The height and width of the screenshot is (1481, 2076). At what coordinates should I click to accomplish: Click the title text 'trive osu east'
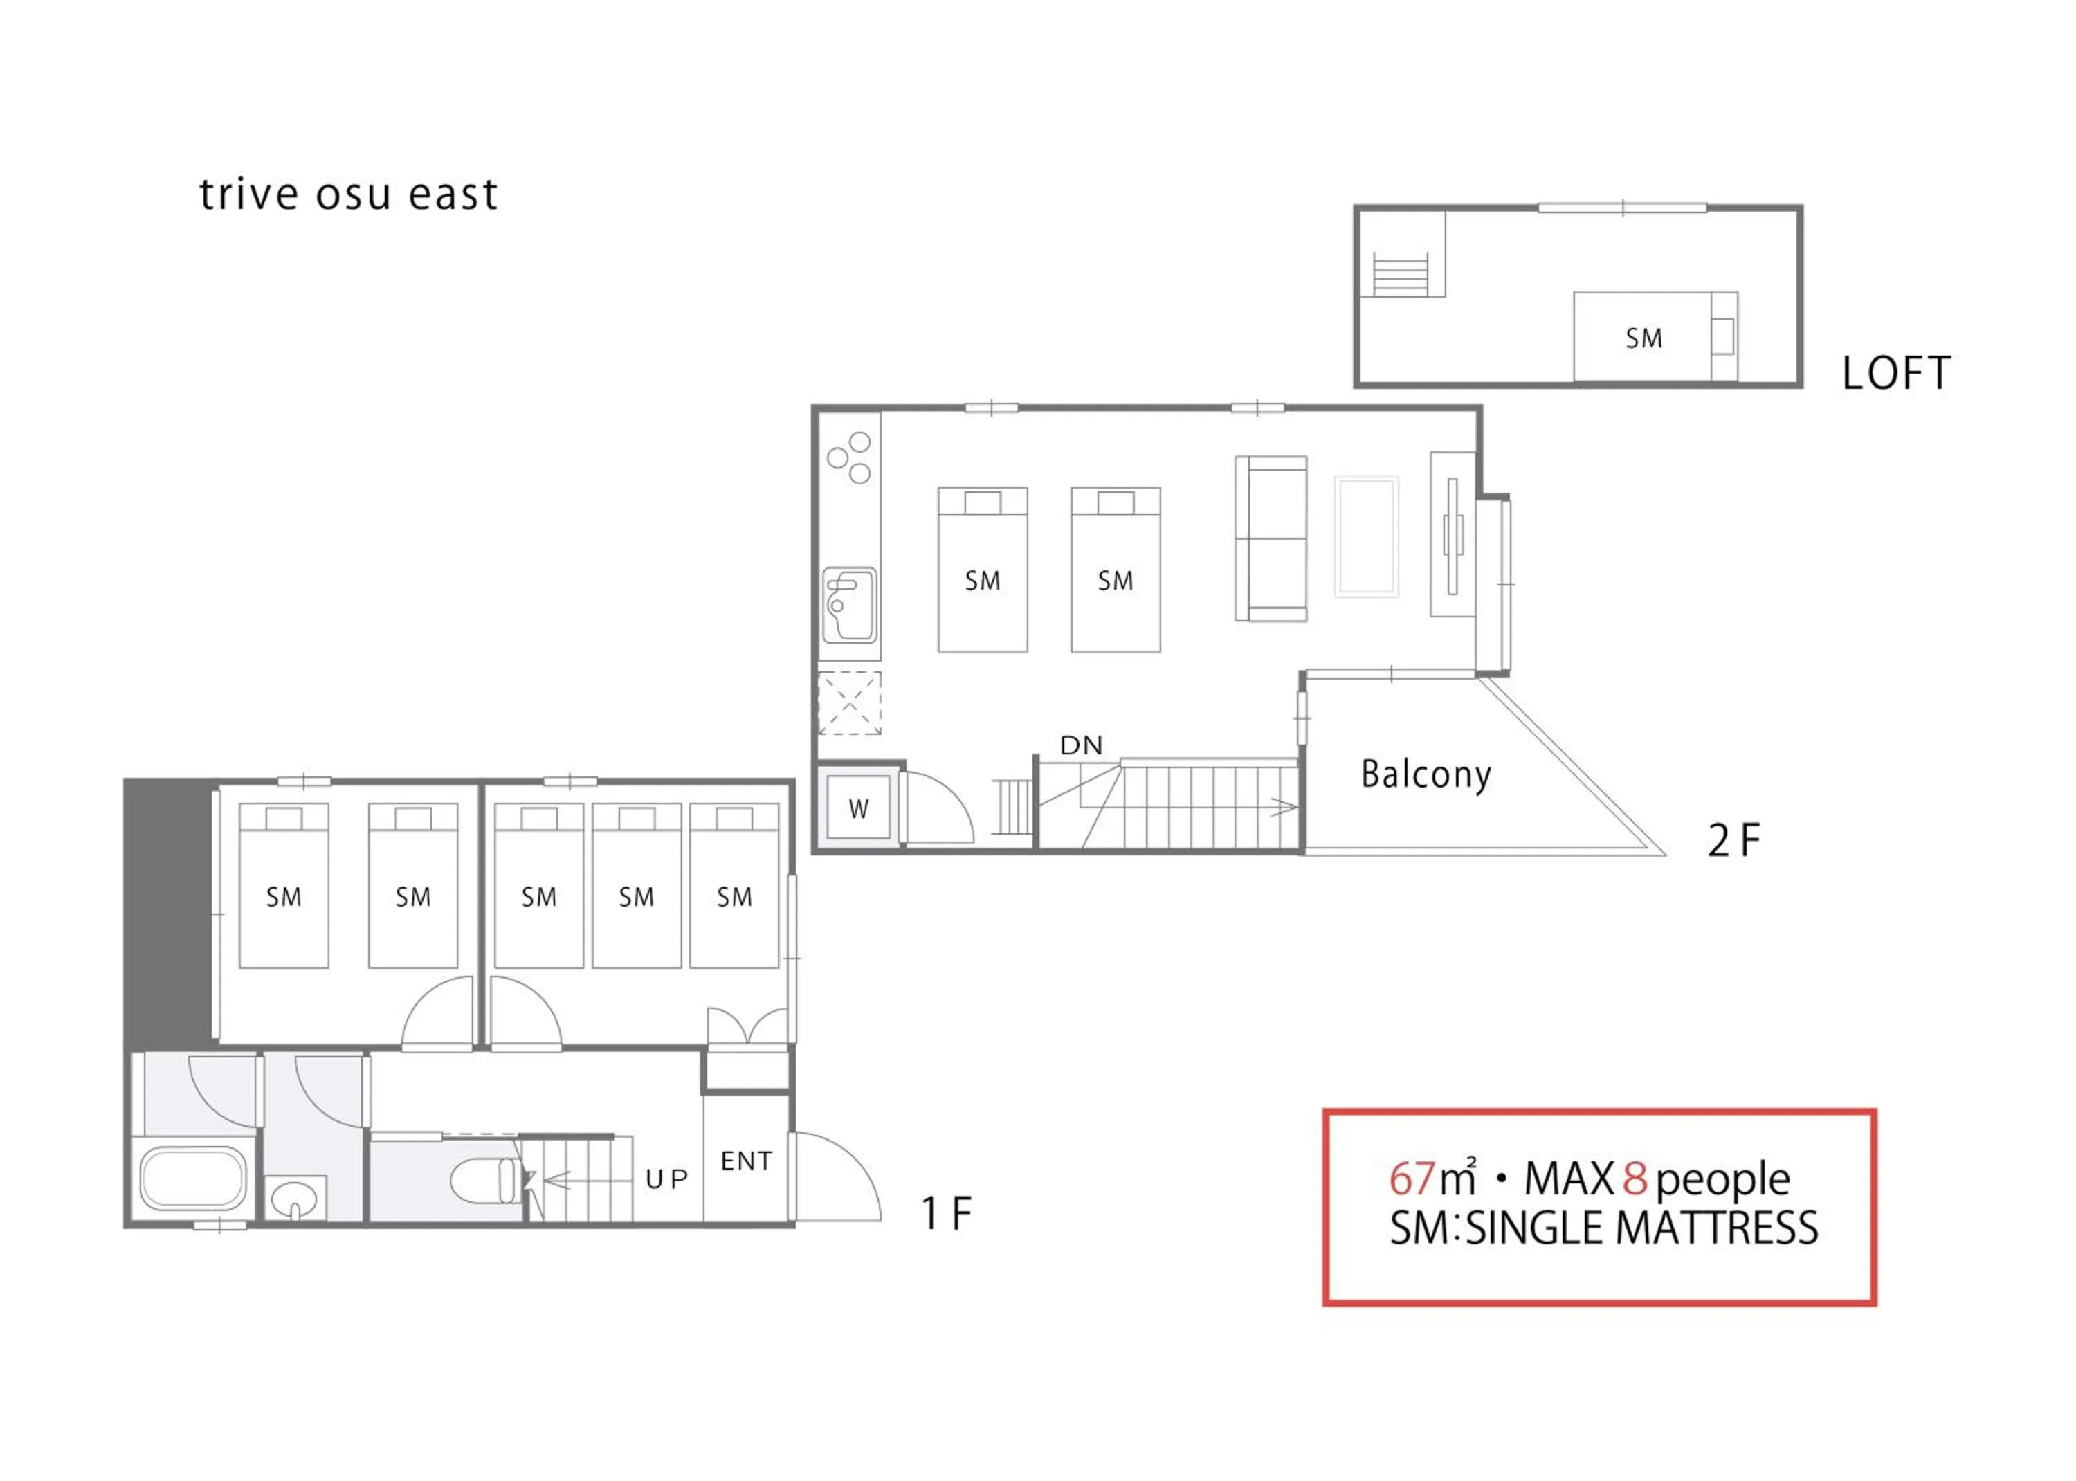348,194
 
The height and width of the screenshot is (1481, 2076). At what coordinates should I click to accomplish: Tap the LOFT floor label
1896,373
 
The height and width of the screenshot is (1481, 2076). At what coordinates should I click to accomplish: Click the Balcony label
1426,774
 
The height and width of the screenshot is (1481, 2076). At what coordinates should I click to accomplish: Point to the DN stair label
1082,745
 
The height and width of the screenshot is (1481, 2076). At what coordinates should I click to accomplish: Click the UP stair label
666,1179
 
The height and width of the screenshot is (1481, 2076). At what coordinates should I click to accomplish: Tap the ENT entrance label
746,1161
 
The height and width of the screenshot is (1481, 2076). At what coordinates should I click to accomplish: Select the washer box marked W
858,809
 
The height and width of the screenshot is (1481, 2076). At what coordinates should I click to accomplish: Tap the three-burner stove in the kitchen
849,458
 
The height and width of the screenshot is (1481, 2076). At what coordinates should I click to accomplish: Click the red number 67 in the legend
1412,1179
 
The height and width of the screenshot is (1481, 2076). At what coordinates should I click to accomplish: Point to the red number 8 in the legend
1635,1179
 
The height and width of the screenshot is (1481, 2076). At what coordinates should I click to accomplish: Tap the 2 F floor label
1733,841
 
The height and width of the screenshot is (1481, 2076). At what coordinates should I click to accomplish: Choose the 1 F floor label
947,1214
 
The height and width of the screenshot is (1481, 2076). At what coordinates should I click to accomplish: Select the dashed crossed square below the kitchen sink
850,703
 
